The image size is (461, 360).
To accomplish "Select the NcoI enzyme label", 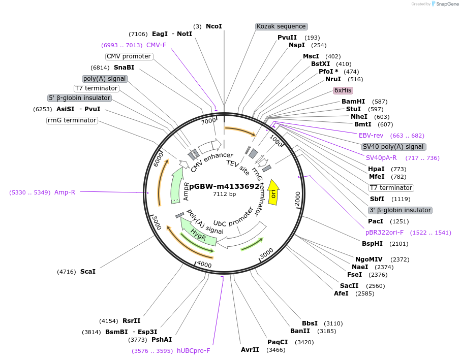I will coord(213,26).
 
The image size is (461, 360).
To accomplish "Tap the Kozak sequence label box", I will coord(281,26).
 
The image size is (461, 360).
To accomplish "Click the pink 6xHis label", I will coord(343,90).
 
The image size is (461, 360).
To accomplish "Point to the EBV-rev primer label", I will coord(371,136).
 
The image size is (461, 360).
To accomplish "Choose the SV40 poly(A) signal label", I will coord(393,147).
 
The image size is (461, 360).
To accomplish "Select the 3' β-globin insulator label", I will coord(399,210).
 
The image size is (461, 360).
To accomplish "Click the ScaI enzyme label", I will coord(87,272).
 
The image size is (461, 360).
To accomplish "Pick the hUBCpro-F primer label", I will coord(193,351).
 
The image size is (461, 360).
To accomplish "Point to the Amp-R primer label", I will coord(65,192).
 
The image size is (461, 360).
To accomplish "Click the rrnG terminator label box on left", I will coord(72,120).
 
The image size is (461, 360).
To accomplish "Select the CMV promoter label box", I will coord(129,56).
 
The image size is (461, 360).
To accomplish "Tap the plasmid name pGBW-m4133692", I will coord(224,186).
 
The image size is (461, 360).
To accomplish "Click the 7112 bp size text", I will coord(224,194).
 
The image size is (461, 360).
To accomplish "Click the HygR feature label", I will coord(198,234).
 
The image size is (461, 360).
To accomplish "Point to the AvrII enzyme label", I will coord(250,350).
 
